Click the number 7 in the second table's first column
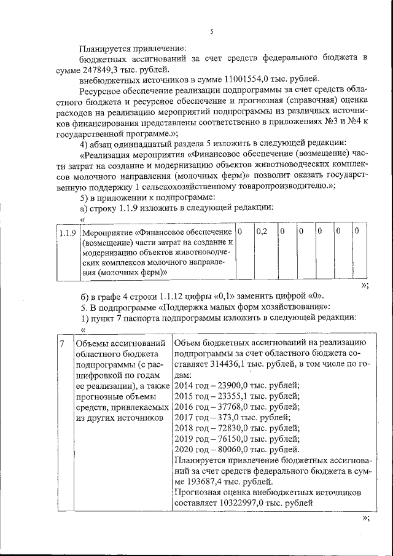point(61,343)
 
